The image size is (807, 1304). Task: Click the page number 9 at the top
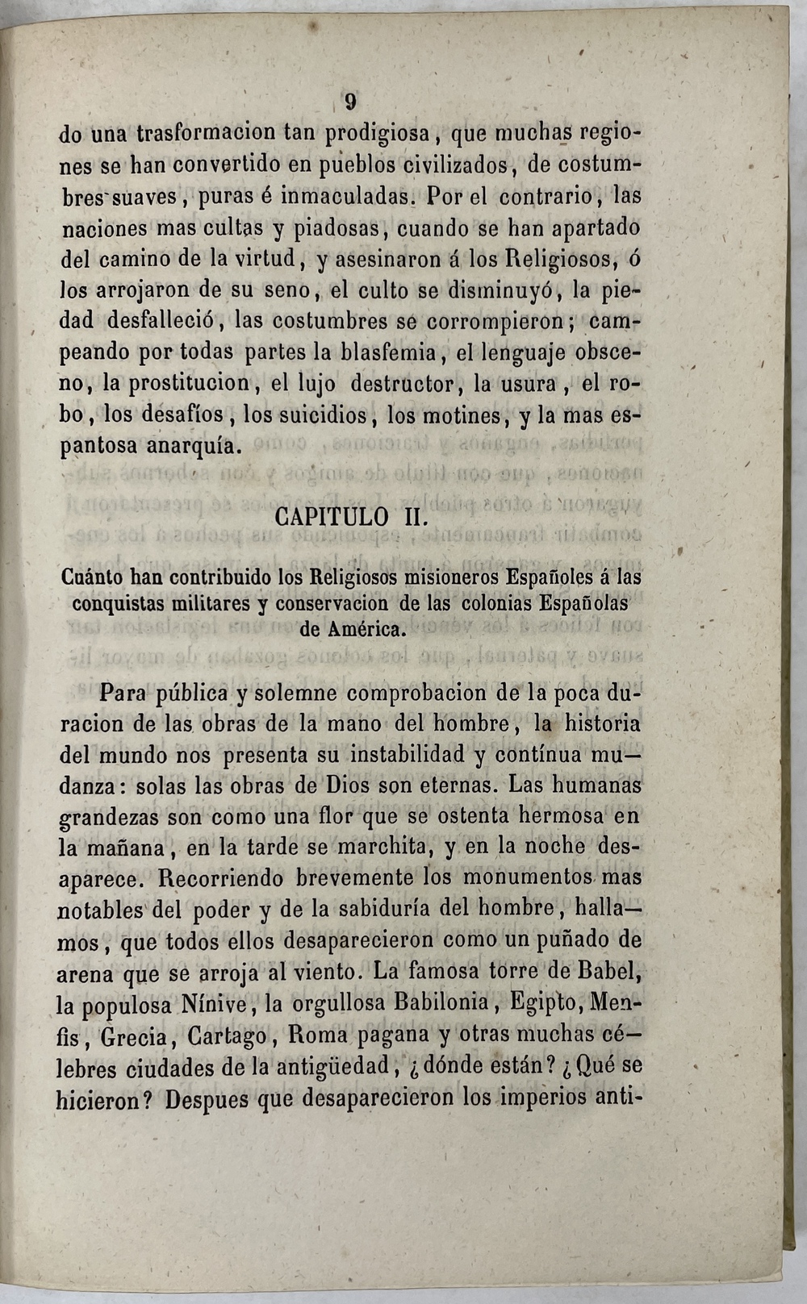[350, 102]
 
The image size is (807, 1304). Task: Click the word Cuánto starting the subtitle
[92, 577]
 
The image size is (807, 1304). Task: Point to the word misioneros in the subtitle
[452, 577]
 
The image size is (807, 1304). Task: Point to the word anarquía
[191, 446]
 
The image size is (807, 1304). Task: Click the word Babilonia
[441, 1003]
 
